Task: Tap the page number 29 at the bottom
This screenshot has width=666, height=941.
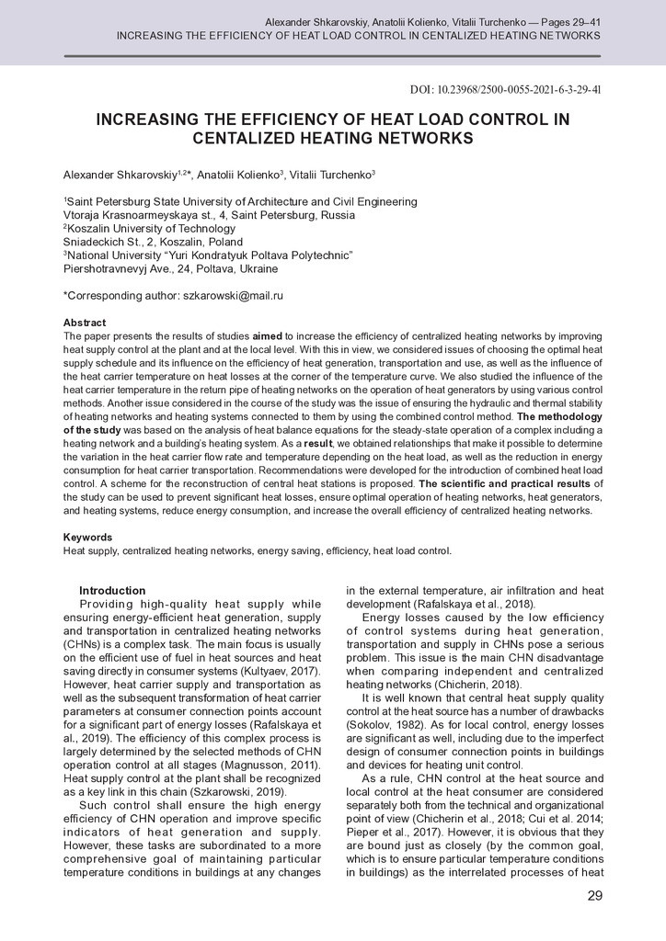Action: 594,896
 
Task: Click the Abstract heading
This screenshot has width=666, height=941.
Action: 84,323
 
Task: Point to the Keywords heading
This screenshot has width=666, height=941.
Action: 87,538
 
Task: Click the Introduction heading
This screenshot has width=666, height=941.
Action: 112,590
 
